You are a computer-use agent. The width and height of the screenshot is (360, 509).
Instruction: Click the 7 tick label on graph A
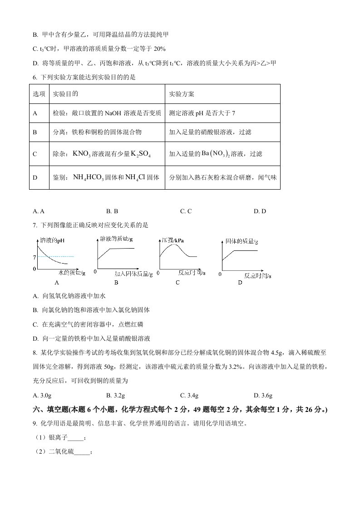[35, 257]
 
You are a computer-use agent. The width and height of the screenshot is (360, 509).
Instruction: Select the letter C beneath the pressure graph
[178, 282]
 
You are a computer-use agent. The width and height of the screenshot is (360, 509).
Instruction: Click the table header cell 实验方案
[181, 94]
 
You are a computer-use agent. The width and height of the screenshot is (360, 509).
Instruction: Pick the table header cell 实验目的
[65, 94]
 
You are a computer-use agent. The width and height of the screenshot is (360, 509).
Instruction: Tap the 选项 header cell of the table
[39, 94]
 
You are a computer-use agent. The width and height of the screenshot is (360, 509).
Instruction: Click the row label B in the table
[35, 132]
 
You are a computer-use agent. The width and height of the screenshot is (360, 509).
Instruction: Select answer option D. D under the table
[260, 211]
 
